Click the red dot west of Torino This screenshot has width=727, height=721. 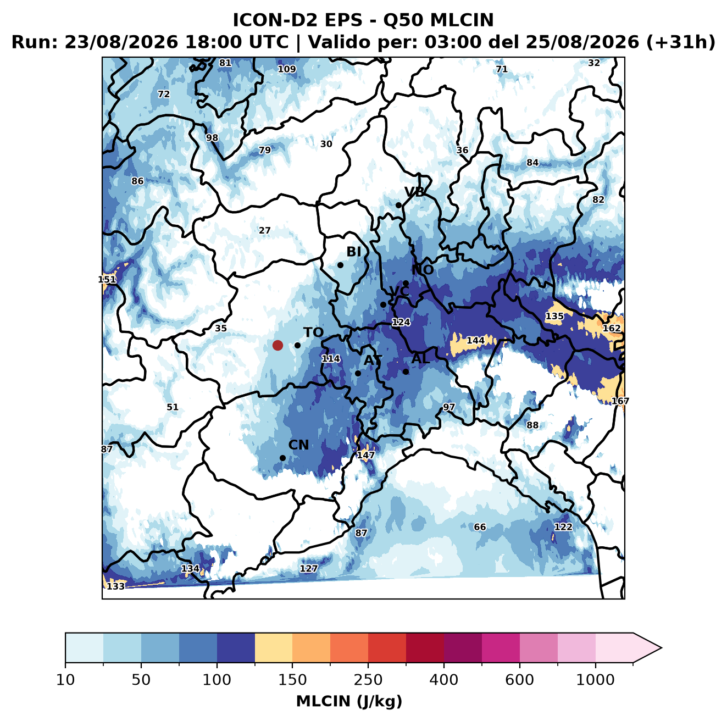coord(278,345)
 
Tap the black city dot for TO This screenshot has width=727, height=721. coord(297,345)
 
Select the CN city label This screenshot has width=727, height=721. coord(298,445)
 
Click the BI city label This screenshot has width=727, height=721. coord(354,252)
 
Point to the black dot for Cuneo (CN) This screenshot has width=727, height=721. coord(282,458)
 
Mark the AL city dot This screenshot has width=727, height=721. coord(406,371)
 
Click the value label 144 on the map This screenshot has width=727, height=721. coord(475,341)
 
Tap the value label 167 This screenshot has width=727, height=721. coord(620,401)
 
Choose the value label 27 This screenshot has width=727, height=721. coord(264,230)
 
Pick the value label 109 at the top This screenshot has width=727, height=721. coord(287,69)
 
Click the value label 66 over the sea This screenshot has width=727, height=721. coord(480,526)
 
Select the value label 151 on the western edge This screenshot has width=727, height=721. coord(107,280)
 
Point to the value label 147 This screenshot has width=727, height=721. coord(365,455)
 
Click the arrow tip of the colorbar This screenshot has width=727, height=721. coord(662,648)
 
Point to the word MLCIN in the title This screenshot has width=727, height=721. coord(462,20)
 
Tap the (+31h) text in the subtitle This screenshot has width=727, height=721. coord(681,42)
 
